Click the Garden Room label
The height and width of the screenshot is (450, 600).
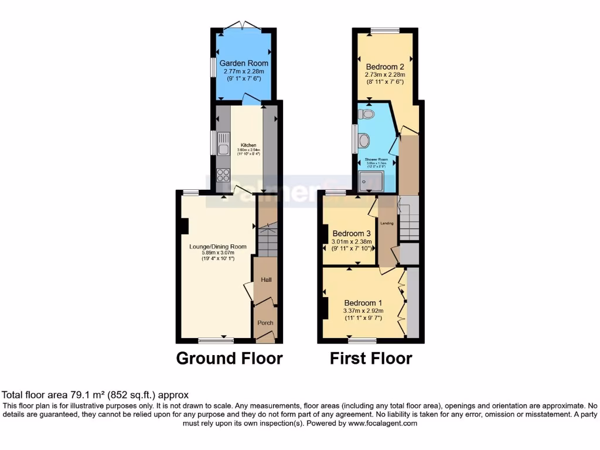click(x=244, y=63)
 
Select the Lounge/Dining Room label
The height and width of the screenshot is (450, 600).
click(x=218, y=247)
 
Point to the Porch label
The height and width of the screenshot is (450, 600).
click(x=265, y=323)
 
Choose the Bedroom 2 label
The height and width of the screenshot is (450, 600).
click(x=385, y=67)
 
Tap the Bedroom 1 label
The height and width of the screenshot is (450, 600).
click(x=363, y=303)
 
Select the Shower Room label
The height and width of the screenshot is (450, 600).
click(x=376, y=159)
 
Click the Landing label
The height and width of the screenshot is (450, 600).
click(x=387, y=223)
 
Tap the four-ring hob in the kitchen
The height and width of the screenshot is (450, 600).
click(x=223, y=175)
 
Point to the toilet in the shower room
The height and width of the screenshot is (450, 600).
click(x=367, y=114)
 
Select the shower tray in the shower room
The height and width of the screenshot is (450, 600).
click(x=370, y=182)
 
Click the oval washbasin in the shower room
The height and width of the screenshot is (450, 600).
click(x=364, y=140)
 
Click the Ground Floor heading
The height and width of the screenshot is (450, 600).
click(x=229, y=358)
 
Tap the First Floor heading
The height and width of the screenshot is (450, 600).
click(x=371, y=358)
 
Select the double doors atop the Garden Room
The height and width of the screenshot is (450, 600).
click(x=244, y=25)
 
